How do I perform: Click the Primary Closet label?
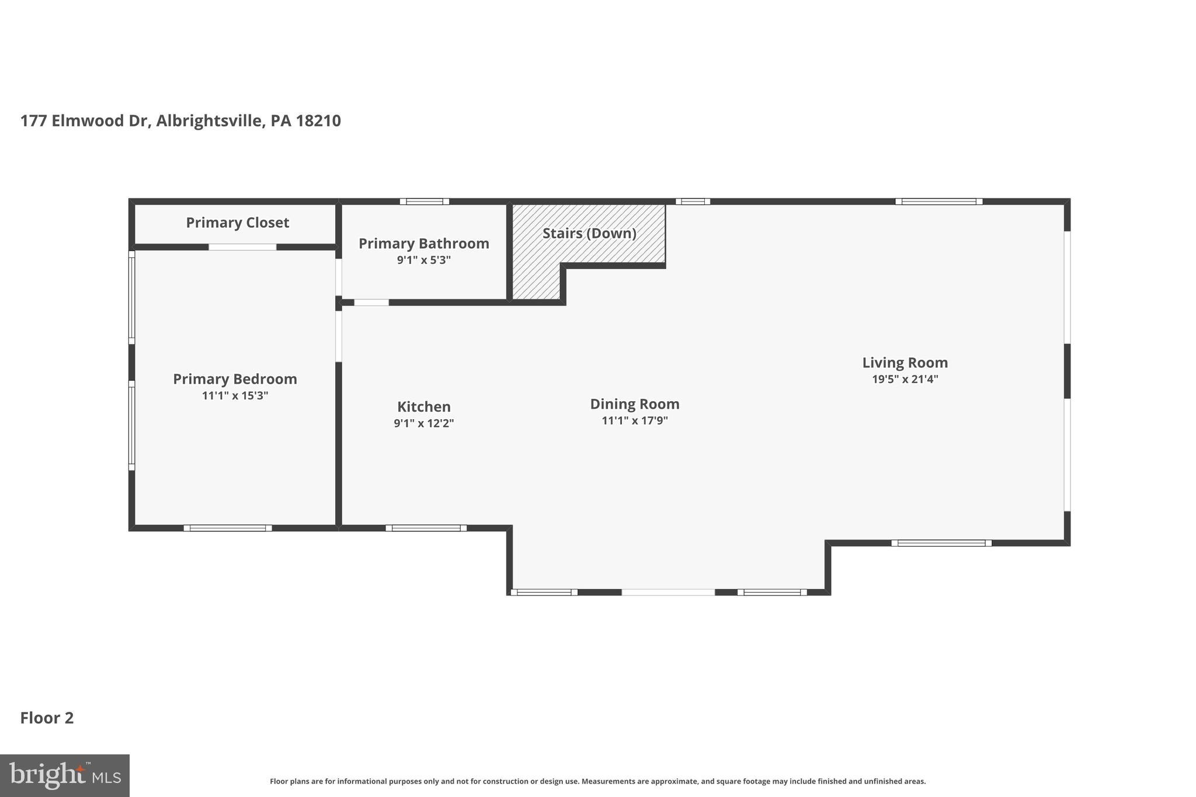point(237,222)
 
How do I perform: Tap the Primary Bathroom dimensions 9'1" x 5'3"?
point(423,260)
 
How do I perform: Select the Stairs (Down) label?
point(589,234)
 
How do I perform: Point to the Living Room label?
point(905,363)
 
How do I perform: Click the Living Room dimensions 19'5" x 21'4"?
point(905,380)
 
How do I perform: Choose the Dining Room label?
point(634,404)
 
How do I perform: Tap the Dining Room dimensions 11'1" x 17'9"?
point(634,420)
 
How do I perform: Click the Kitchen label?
point(423,407)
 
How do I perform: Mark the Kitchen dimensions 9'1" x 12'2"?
point(423,423)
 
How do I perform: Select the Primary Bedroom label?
point(235,379)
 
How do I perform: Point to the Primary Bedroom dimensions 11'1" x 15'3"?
point(235,396)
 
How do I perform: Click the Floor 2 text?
point(47,718)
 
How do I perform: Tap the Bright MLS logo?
point(64,775)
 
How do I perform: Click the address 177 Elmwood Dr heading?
point(180,121)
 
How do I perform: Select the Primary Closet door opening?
point(242,247)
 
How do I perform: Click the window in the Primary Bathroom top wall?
point(425,201)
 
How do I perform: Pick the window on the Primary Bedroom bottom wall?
point(228,528)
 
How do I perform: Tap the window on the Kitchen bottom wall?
point(426,528)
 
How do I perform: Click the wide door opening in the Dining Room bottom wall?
point(667,592)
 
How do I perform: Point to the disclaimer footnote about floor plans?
point(597,781)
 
